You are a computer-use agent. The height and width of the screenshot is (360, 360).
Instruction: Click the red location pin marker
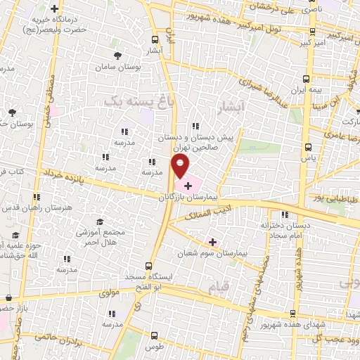[x=181, y=167]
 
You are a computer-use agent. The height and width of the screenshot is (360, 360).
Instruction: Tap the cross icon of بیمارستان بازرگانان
[x=187, y=185]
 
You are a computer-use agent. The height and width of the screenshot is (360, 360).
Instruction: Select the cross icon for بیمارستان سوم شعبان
[x=213, y=242]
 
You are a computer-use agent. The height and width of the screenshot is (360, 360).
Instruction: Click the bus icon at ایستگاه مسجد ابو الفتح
[x=148, y=266]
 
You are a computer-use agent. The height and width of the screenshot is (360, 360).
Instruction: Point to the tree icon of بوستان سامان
[x=117, y=53]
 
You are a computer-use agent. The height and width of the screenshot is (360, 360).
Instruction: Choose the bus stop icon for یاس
[x=309, y=148]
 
